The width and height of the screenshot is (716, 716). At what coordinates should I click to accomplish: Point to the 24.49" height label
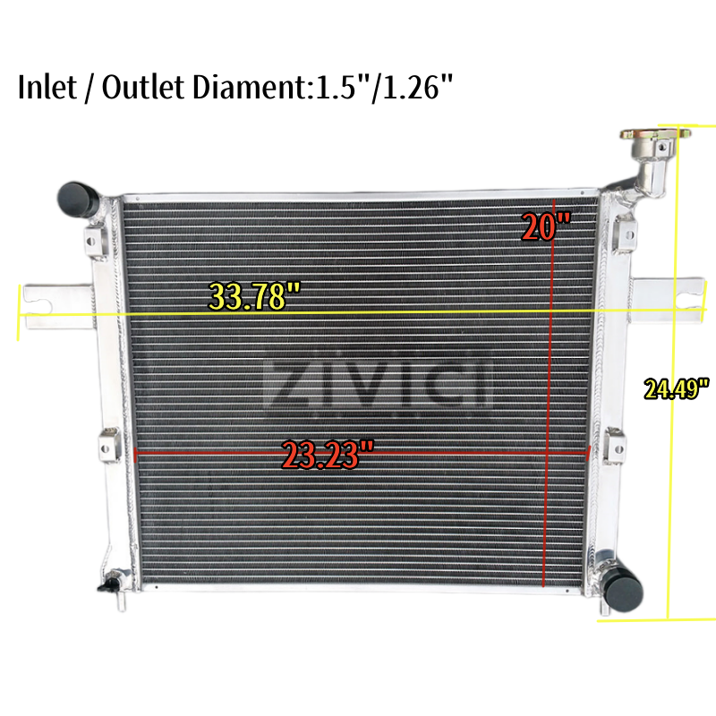pos(677,388)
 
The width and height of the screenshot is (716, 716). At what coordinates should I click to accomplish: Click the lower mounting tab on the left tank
pos(107,444)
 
